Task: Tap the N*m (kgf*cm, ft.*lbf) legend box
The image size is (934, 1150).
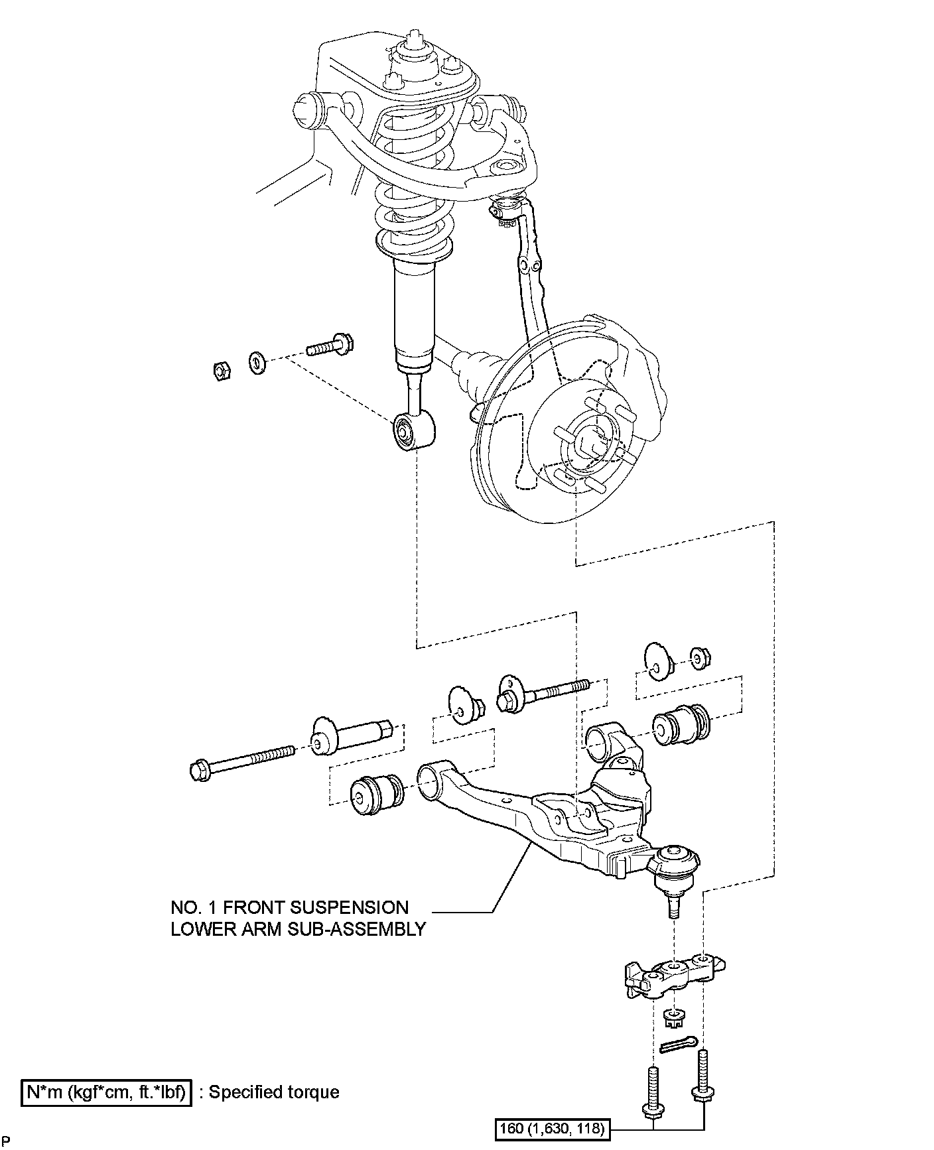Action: tap(106, 1092)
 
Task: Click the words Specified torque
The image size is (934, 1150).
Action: tap(275, 1092)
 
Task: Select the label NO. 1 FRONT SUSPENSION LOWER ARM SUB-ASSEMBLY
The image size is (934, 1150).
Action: tap(298, 918)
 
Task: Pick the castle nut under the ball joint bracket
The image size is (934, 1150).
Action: tap(673, 1017)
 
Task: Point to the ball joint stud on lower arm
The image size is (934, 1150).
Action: tap(674, 905)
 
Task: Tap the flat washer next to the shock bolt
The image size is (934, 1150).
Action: tap(257, 362)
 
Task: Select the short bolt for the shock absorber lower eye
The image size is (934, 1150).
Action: tap(330, 346)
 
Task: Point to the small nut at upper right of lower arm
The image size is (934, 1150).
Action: tap(699, 657)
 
